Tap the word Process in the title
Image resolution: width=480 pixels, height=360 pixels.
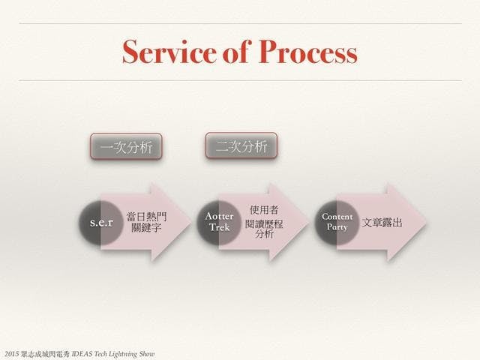(308, 52)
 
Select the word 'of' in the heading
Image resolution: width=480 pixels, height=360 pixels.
(238, 52)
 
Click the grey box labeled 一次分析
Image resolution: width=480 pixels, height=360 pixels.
(126, 147)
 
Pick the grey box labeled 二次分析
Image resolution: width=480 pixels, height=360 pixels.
(241, 145)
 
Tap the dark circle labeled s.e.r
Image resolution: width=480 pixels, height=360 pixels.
(101, 223)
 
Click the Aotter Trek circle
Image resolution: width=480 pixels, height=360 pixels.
(219, 223)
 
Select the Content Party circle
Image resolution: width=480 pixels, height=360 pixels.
(337, 223)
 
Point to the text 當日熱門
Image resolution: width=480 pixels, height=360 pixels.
(147, 217)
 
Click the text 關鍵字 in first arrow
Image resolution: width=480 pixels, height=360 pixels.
(146, 228)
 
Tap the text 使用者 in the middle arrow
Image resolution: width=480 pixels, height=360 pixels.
(264, 210)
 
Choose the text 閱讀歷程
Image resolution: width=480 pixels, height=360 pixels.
(264, 223)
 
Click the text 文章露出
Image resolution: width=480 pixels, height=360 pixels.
(382, 223)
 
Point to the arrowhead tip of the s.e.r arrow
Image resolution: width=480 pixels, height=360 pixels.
(191, 222)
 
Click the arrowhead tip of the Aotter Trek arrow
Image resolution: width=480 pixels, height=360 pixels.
(309, 222)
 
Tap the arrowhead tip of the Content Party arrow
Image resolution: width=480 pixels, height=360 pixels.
(427, 222)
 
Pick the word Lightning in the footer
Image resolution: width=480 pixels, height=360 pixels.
(123, 355)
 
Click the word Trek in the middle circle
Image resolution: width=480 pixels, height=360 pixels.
(220, 227)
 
